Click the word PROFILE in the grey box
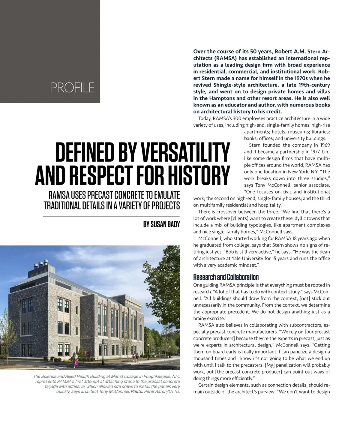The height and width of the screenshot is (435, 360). (x=73, y=88)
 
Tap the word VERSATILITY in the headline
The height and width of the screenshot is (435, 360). (x=185, y=152)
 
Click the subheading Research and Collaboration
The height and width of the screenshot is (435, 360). (x=226, y=277)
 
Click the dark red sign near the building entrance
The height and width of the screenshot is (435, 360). (x=87, y=354)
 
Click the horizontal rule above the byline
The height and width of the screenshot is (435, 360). (x=111, y=216)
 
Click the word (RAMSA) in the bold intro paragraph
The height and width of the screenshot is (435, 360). (x=226, y=58)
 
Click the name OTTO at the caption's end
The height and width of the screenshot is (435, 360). (x=173, y=391)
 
